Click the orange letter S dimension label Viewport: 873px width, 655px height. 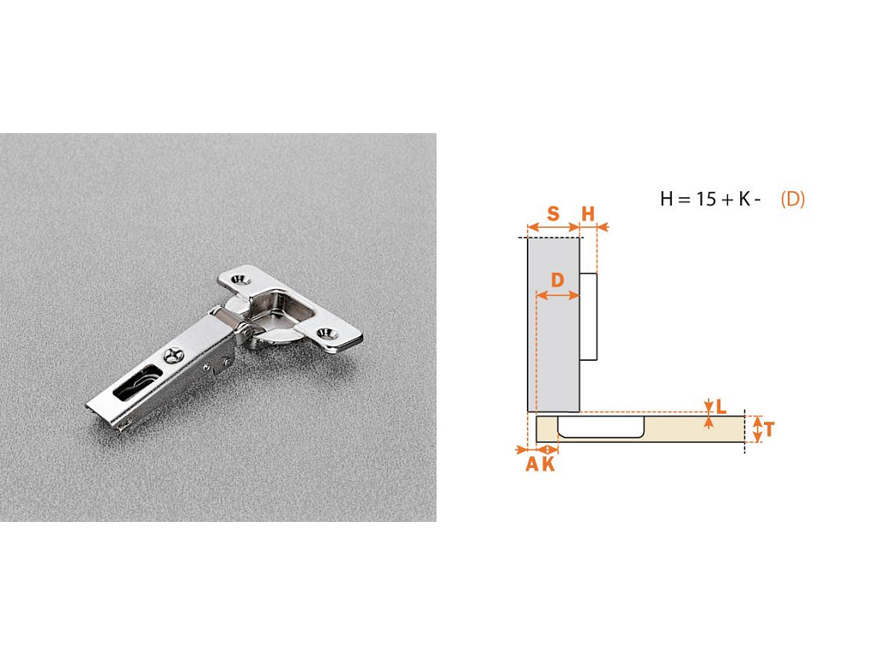tap(552, 213)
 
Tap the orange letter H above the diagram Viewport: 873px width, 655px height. tap(588, 213)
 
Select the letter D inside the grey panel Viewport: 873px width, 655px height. tap(558, 280)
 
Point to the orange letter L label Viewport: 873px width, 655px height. tap(721, 407)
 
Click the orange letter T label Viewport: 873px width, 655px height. tap(769, 430)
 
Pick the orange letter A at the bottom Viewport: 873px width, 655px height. tap(533, 464)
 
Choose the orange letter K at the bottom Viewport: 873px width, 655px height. tap(548, 464)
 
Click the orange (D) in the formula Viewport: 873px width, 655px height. tap(792, 199)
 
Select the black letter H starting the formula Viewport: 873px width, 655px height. tap(667, 199)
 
